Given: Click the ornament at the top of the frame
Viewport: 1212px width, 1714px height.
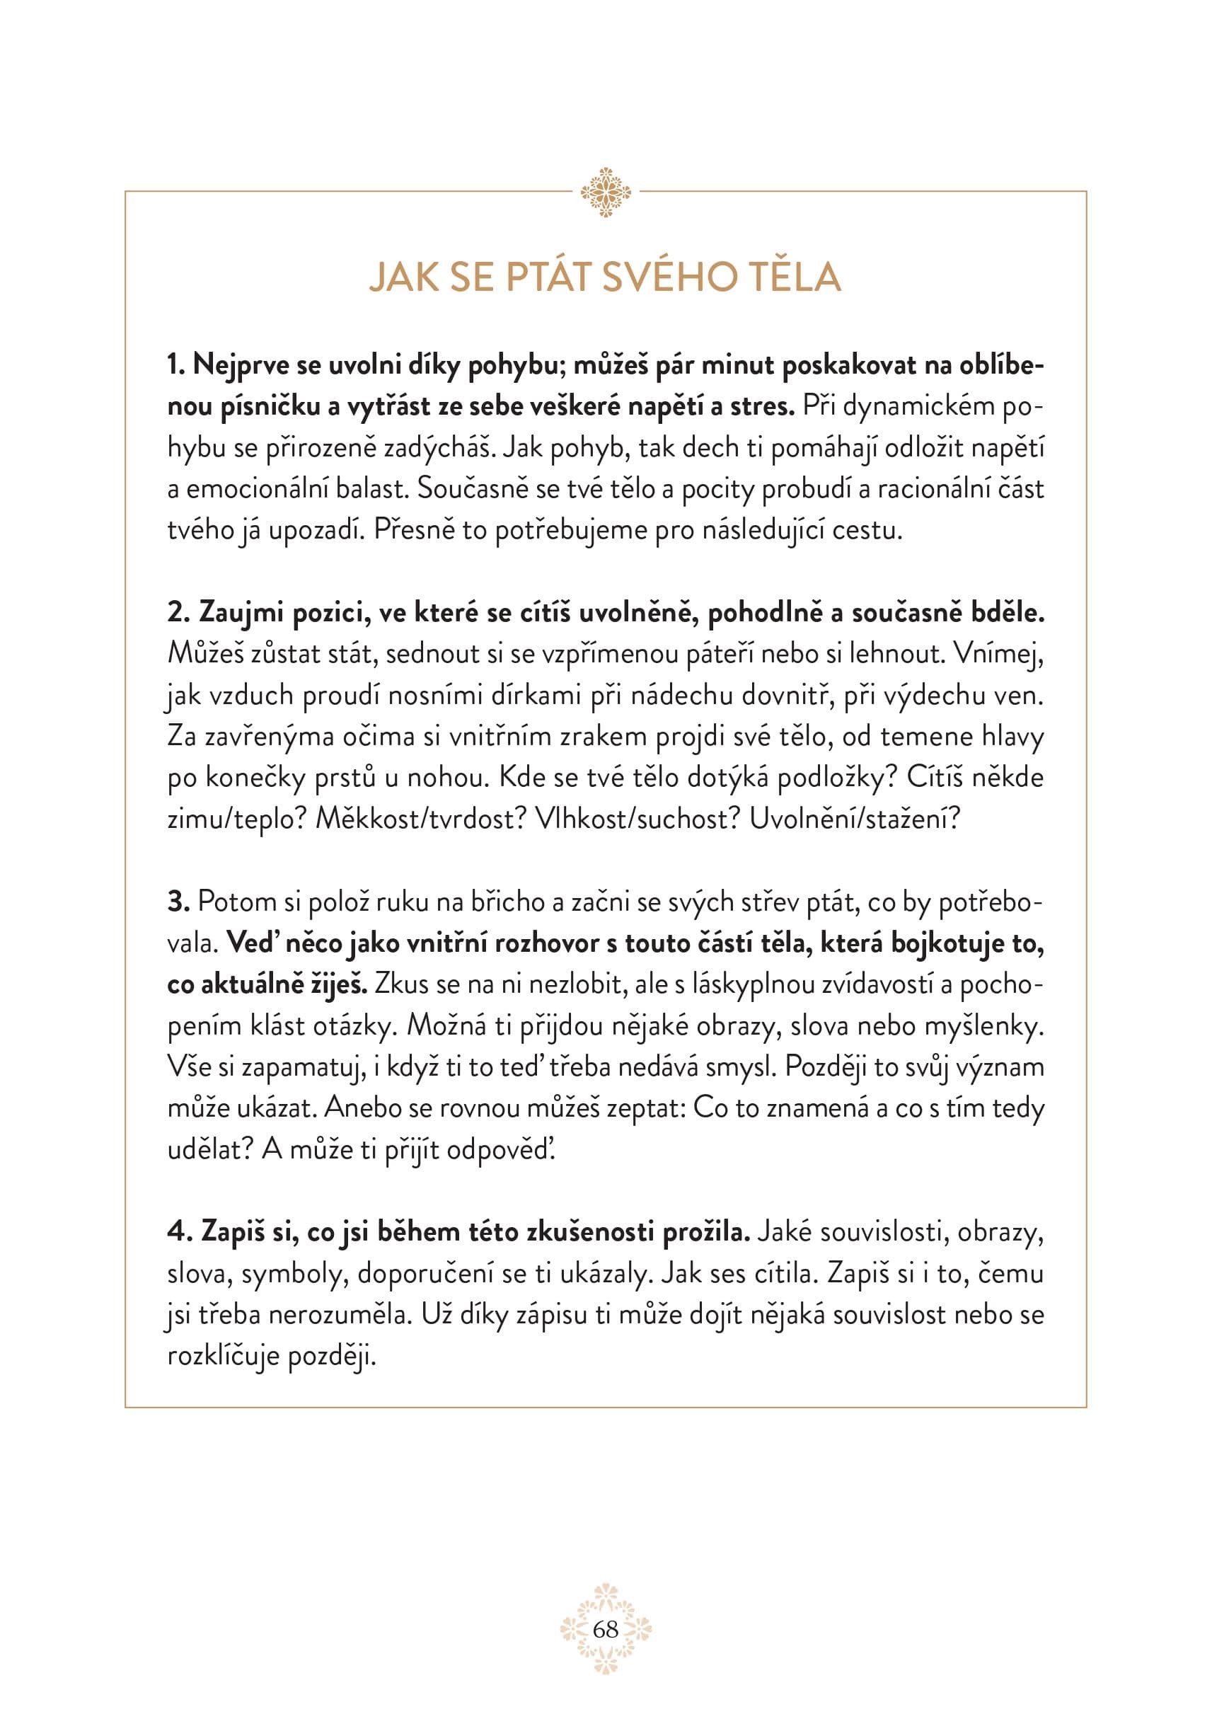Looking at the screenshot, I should pos(605,192).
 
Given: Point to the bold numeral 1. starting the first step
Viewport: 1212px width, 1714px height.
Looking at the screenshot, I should pos(176,366).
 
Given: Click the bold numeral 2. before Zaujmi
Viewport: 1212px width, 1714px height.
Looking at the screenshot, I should pos(179,613).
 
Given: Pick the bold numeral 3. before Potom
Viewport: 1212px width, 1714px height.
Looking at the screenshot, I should pos(179,902).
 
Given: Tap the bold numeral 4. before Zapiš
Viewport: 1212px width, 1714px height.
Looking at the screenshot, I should pos(179,1232).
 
